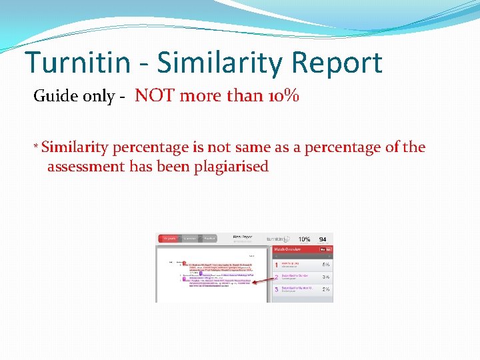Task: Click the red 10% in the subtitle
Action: click(282, 96)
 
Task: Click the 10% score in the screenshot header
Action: click(304, 239)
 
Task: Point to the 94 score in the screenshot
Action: click(323, 239)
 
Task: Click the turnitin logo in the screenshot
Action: click(278, 239)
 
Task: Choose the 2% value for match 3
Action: click(326, 289)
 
